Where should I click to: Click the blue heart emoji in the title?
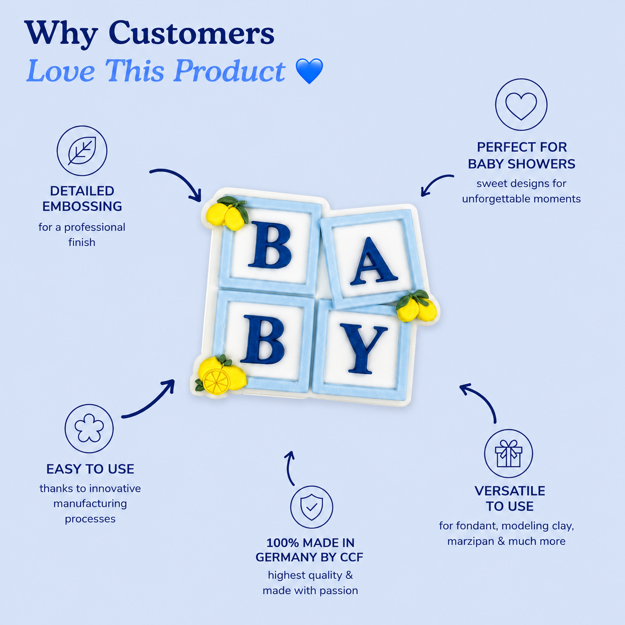click(310, 71)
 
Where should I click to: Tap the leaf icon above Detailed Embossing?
click(82, 151)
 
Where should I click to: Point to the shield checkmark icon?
click(312, 506)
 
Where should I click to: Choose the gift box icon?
click(508, 454)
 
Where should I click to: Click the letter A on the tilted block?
click(373, 262)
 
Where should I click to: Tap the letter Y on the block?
click(363, 349)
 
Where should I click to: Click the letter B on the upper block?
click(270, 245)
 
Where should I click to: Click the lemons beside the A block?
click(416, 306)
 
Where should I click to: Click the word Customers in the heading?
click(191, 33)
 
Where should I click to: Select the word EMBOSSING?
click(82, 207)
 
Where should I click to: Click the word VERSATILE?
click(509, 491)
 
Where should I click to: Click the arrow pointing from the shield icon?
click(290, 468)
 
